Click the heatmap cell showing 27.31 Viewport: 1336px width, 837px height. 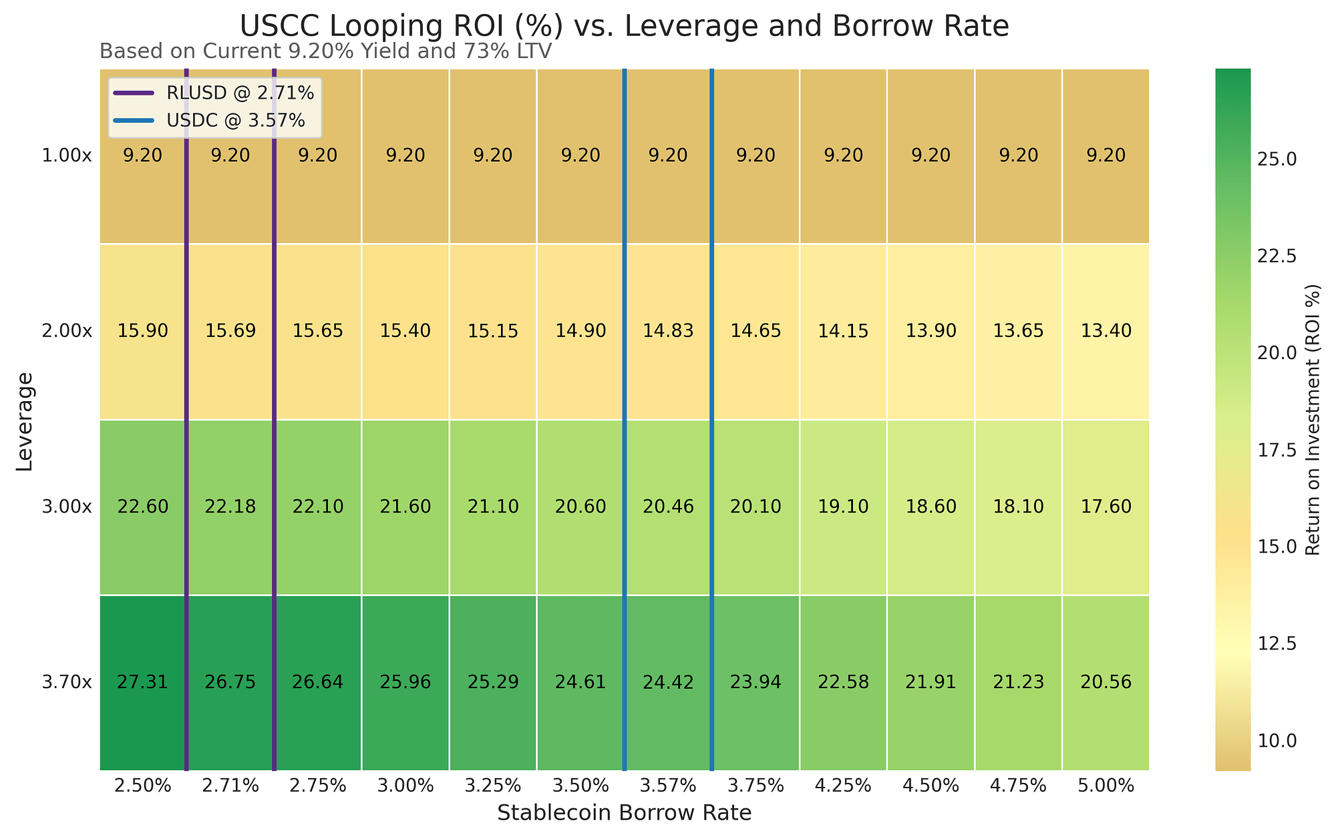pos(143,682)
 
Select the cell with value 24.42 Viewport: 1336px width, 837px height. pos(669,682)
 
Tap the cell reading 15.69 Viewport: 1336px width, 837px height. pos(230,331)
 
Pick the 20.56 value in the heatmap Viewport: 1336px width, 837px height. pos(1106,682)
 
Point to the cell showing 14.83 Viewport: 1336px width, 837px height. pos(669,331)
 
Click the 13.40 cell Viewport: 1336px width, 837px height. pos(1106,331)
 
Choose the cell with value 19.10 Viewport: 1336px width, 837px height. pos(844,507)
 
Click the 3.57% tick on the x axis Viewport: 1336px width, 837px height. pos(669,786)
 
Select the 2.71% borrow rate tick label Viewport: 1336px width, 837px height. pos(230,786)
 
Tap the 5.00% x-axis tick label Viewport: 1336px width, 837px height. pos(1106,786)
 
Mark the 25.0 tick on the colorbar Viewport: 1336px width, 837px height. pos(1278,160)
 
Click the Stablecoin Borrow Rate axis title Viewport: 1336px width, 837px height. pos(625,813)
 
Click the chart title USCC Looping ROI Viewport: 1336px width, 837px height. pos(624,27)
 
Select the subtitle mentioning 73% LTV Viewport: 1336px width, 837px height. pos(325,51)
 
